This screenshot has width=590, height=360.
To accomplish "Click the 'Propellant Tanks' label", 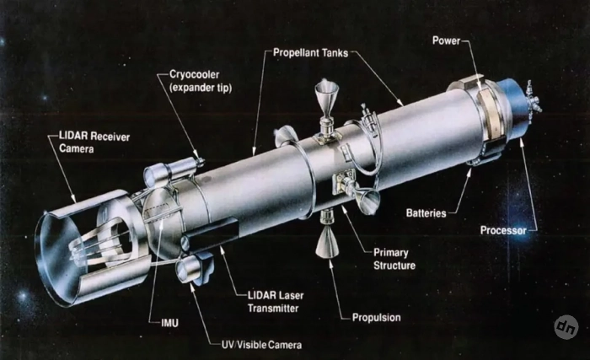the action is pos(310,53).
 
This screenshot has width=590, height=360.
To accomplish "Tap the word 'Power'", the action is pos(446,40).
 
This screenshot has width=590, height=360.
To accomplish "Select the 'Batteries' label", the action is pos(426,213).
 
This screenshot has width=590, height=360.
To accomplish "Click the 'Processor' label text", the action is pos(503,230).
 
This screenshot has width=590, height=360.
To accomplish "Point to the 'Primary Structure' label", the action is pos(394,259).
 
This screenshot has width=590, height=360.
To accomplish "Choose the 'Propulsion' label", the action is pos(376,318).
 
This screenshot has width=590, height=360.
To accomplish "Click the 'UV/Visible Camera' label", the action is pos(261,345).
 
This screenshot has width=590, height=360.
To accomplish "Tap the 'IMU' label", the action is pos(169,323).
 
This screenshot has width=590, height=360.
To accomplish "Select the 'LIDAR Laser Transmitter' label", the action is pos(276,302).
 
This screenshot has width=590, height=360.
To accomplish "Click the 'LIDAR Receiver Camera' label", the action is pos(94,142).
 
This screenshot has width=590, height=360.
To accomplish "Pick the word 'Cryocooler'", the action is pos(194,74).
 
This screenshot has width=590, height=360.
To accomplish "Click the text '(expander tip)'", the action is pos(201,88).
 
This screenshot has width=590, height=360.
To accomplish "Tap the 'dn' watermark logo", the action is pos(566,327).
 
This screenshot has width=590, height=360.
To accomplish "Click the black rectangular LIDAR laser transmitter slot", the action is pos(211,234).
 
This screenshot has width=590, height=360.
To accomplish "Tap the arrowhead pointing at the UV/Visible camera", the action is pos(192,287).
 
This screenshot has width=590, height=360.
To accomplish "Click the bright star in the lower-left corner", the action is pos(23,296).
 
